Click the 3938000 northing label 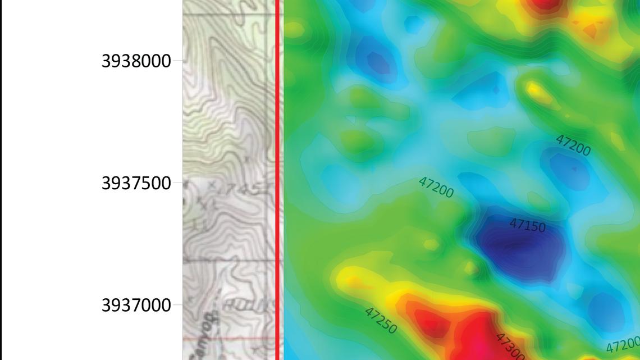point(136,61)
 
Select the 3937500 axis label point(136,183)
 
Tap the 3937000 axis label point(136,306)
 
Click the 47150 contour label point(527,226)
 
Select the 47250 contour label point(381,320)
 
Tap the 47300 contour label point(510,346)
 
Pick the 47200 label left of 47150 point(436,187)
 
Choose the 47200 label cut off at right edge point(623,345)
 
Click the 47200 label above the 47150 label point(573,145)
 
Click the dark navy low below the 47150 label point(519,247)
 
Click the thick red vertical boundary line point(277,180)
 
